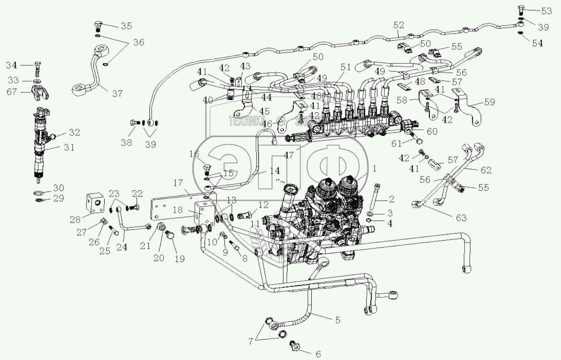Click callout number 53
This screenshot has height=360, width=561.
tap(546, 11)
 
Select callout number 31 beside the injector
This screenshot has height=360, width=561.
tap(69, 147)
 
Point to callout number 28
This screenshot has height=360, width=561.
tap(75, 220)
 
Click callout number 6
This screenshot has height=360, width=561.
tap(318, 354)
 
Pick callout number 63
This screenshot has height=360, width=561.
tap(461, 218)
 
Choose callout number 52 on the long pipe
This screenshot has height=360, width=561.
tap(398, 25)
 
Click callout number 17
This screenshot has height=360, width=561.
tap(178, 183)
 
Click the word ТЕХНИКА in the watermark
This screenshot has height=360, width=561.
tap(246, 120)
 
